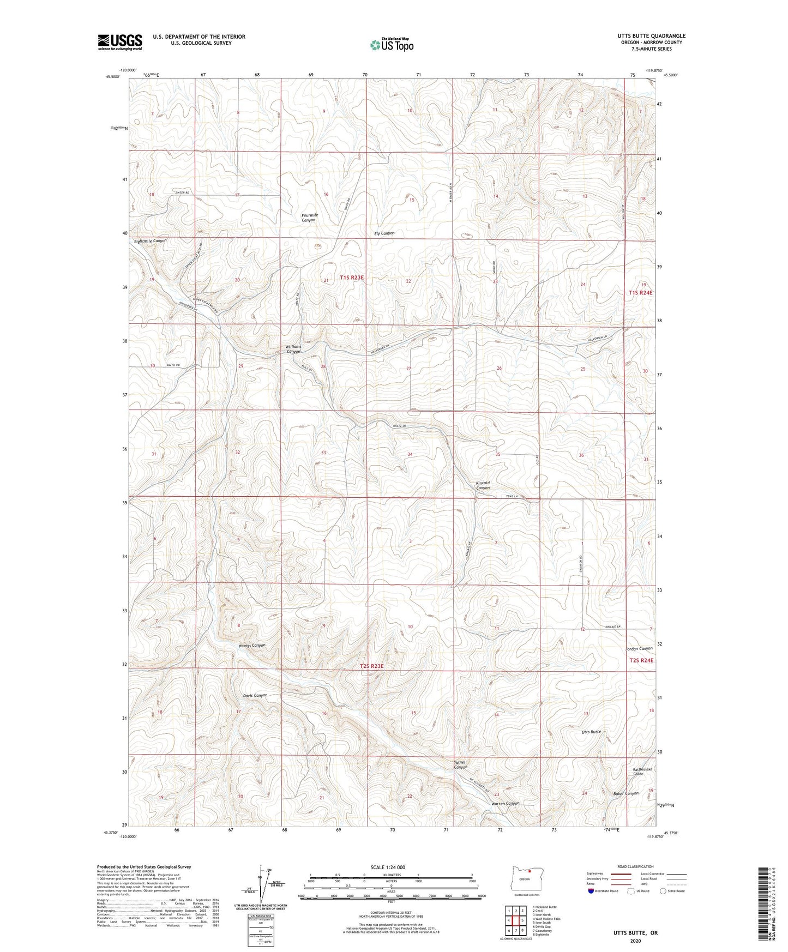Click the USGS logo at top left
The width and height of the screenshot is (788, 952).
[120, 42]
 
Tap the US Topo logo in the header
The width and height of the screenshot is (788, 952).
[392, 45]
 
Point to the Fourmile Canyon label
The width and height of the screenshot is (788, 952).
[309, 218]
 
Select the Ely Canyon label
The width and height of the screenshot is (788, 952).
[384, 233]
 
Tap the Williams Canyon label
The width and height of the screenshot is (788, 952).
[293, 349]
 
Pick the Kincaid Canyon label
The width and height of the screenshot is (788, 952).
[483, 485]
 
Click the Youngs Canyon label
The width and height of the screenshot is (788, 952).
[252, 646]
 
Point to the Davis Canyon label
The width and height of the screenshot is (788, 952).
[255, 696]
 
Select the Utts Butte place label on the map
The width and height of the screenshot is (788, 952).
[591, 732]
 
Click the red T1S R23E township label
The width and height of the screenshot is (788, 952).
[351, 278]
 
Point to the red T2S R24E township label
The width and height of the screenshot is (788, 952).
[641, 660]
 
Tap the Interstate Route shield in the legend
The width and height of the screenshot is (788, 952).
[592, 891]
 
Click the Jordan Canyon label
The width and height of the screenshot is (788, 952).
[639, 649]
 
